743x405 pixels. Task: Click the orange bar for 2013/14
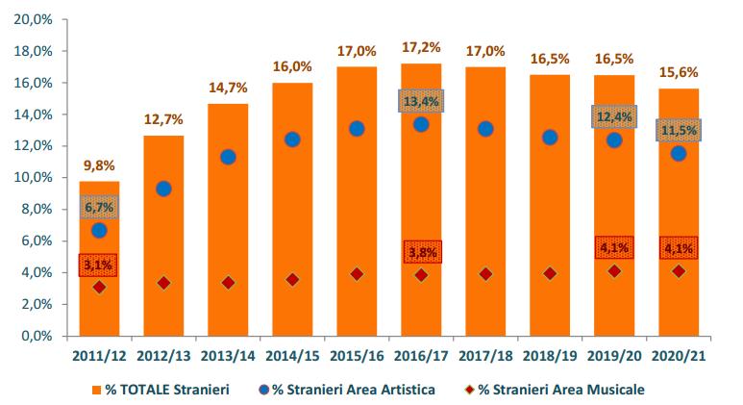(228, 221)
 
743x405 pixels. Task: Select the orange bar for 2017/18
(485, 212)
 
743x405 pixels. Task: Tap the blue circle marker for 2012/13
(163, 189)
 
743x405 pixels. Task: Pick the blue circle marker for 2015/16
(357, 128)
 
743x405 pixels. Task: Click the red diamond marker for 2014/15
(292, 279)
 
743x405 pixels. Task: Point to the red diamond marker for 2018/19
(550, 273)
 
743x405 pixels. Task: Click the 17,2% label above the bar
(420, 46)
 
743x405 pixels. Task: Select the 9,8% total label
(99, 165)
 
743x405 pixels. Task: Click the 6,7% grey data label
(99, 207)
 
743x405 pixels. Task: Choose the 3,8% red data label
(421, 252)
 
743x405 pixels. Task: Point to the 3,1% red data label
(99, 265)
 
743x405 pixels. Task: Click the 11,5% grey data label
(679, 130)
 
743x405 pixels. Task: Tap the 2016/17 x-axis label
(420, 356)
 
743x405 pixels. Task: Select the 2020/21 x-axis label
(679, 356)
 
